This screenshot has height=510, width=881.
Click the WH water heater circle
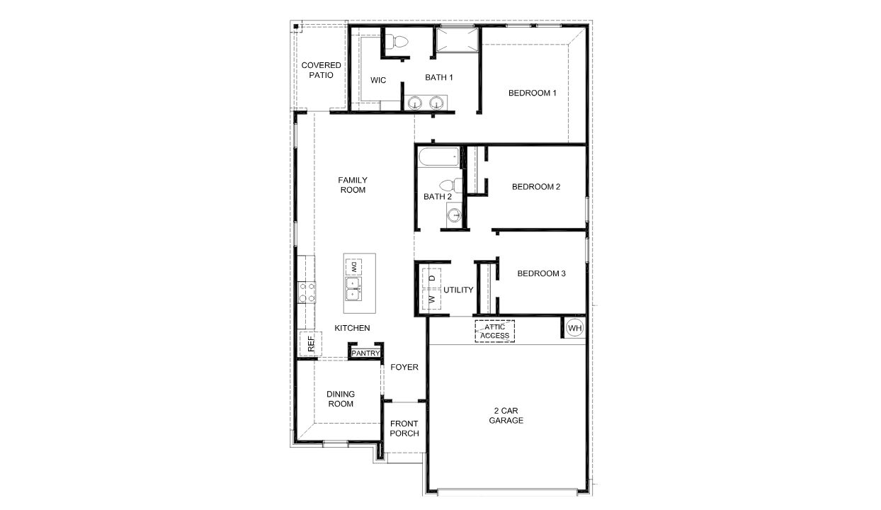(x=574, y=328)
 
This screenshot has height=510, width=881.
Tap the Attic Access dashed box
(x=494, y=331)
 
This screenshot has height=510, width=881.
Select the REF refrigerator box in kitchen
(x=309, y=344)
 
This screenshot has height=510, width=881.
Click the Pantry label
(x=365, y=353)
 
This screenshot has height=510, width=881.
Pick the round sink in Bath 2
(x=455, y=214)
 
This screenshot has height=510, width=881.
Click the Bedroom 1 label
(x=533, y=93)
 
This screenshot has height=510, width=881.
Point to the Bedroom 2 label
(x=536, y=187)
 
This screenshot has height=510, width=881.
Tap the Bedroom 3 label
(x=541, y=273)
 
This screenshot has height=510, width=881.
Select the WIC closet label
(x=378, y=80)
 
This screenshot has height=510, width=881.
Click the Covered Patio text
(x=321, y=70)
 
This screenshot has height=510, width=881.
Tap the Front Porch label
(x=404, y=429)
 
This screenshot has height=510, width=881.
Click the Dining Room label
(x=341, y=399)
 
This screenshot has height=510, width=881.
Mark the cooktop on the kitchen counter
(x=307, y=292)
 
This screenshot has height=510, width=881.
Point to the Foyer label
(x=404, y=367)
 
